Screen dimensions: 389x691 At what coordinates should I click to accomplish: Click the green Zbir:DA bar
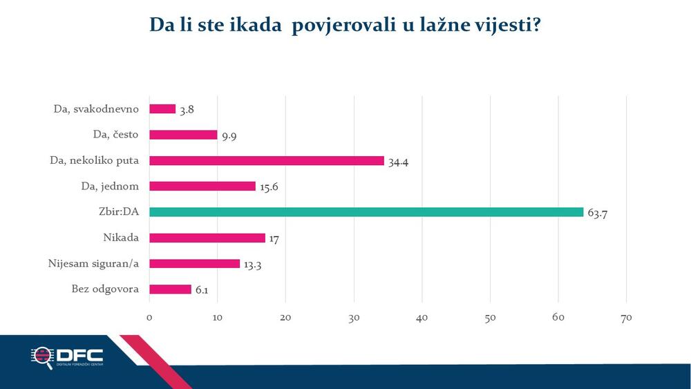click(x=366, y=212)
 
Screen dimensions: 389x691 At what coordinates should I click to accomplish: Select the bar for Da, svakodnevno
click(x=162, y=108)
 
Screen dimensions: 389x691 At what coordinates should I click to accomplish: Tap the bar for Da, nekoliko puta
click(x=266, y=160)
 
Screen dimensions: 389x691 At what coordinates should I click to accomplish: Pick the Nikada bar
click(x=207, y=238)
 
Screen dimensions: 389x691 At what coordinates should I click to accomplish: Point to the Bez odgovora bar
click(x=170, y=290)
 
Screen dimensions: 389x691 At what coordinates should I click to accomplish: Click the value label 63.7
click(x=597, y=213)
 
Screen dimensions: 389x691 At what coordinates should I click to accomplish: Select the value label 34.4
click(x=398, y=161)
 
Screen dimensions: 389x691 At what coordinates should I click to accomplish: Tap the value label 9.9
click(x=230, y=135)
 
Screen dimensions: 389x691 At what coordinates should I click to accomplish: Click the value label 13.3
click(x=254, y=265)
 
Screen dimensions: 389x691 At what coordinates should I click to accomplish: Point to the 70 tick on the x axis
click(x=626, y=318)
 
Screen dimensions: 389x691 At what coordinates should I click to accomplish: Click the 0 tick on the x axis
click(x=149, y=318)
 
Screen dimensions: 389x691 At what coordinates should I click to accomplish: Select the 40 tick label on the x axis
click(x=422, y=318)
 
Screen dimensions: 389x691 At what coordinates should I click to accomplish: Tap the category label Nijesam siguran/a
click(x=94, y=263)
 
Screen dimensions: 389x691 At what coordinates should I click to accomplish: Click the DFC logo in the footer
click(x=67, y=357)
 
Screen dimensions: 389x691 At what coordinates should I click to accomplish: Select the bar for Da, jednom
click(x=202, y=186)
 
